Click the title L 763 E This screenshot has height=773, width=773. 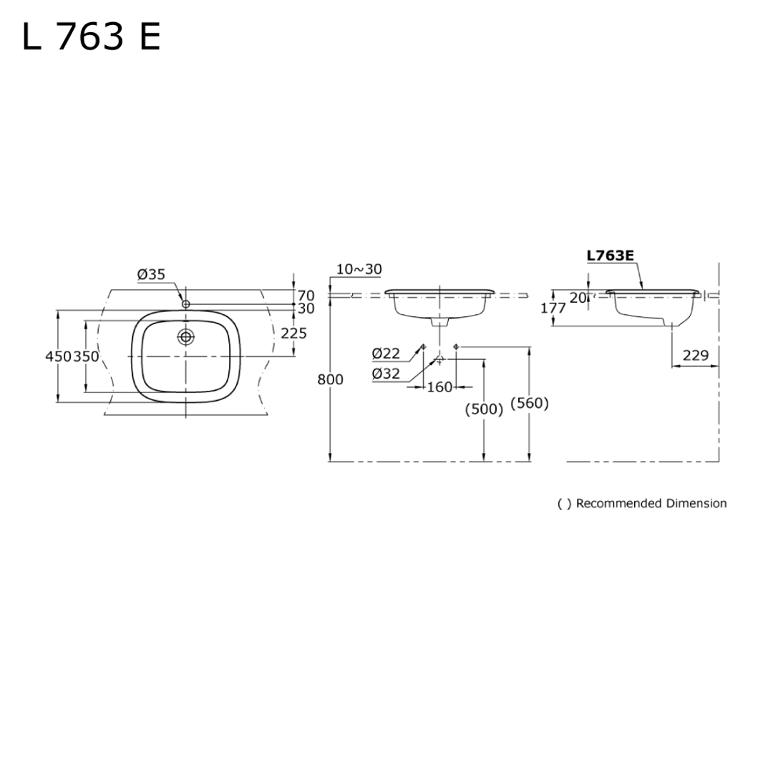tap(91, 37)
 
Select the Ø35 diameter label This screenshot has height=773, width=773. tap(151, 274)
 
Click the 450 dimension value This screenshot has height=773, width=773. tap(57, 356)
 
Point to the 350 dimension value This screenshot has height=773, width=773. tap(86, 356)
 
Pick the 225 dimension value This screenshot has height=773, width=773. tap(293, 333)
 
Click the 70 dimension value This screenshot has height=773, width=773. tap(306, 295)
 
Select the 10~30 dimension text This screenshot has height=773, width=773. tap(359, 269)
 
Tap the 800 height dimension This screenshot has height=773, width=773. tap(331, 379)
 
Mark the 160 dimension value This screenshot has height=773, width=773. tap(439, 387)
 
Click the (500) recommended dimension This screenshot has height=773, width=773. tap(484, 409)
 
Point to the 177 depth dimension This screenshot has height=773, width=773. tap(554, 308)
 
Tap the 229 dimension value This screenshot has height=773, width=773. tap(695, 356)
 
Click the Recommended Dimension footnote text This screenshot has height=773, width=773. tap(642, 503)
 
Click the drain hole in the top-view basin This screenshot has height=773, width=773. tap(186, 336)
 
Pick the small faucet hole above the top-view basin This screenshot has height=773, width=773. tap(186, 304)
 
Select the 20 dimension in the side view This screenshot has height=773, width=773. tap(578, 298)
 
